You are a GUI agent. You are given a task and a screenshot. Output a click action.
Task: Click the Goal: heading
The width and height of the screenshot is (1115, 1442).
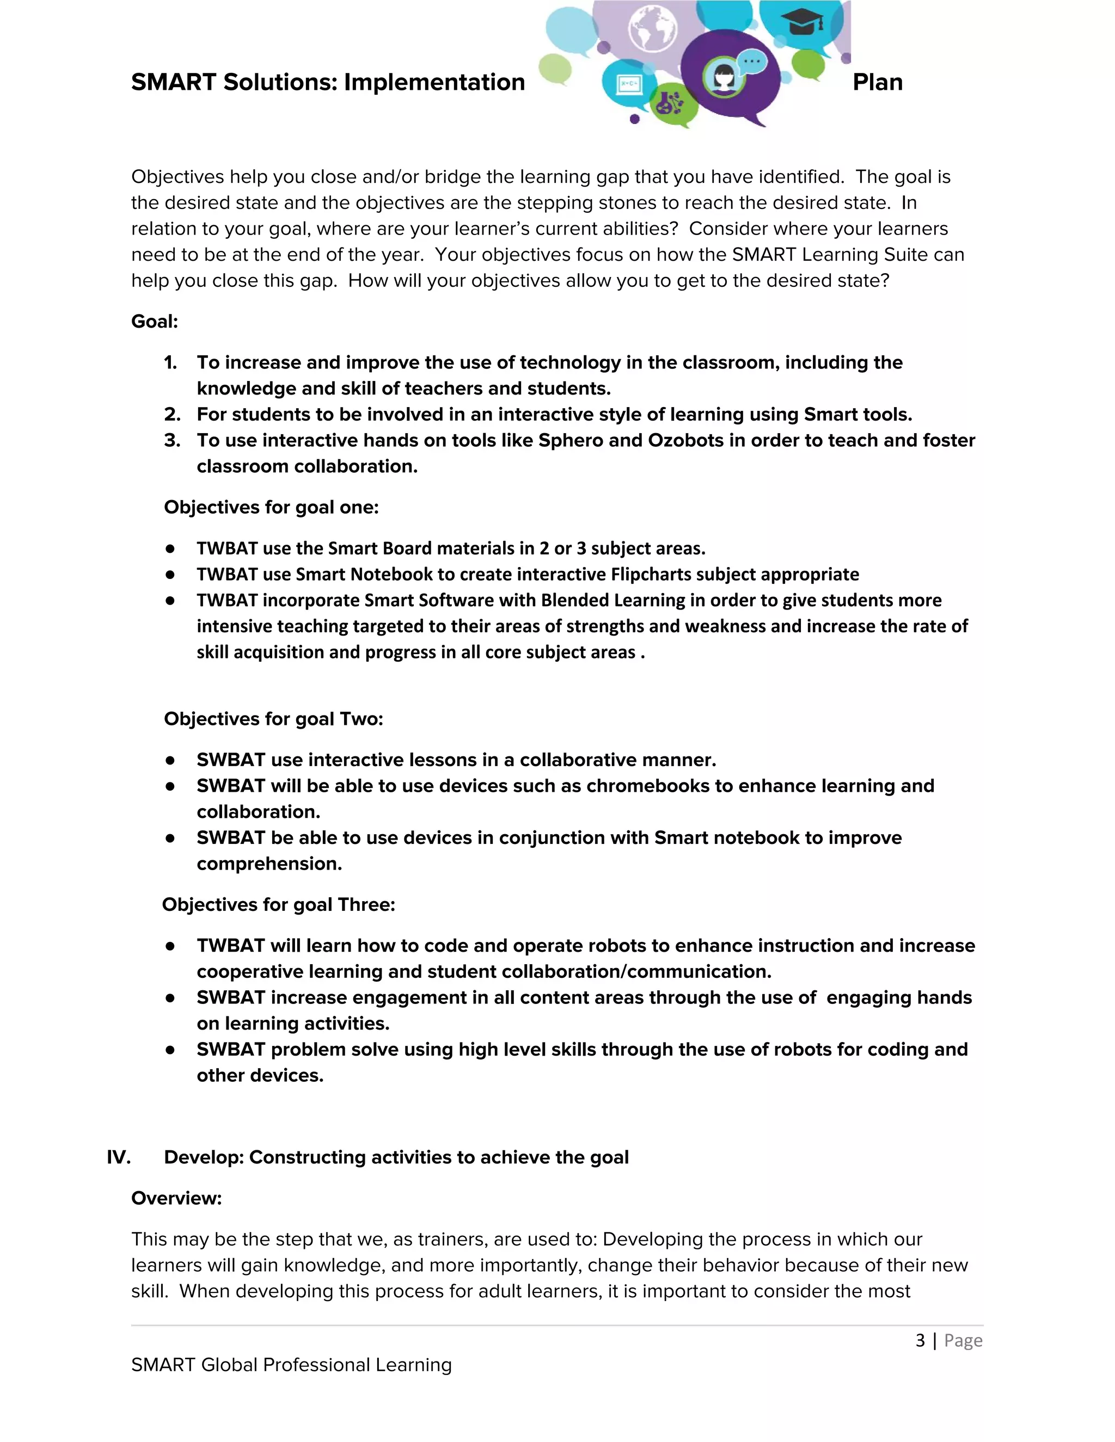[155, 322]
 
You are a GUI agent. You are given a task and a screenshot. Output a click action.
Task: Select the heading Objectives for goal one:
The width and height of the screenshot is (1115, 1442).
[271, 507]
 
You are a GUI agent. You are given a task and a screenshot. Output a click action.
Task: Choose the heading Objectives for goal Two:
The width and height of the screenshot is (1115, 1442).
[273, 718]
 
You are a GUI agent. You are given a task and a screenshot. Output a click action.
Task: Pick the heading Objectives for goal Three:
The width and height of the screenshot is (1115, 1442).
[278, 904]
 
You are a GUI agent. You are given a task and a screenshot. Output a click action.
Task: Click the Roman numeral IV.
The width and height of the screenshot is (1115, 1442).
[118, 1157]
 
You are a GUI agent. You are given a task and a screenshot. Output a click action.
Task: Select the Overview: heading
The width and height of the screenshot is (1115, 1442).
[176, 1198]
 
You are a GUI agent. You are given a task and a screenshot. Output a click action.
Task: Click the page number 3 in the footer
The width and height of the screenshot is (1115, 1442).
[920, 1340]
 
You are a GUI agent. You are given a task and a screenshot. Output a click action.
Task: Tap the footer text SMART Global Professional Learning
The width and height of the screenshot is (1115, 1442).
[291, 1365]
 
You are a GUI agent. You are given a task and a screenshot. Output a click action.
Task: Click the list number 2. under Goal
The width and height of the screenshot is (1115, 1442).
[171, 415]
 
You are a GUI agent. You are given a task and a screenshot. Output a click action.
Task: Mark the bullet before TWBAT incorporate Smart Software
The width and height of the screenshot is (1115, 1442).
[170, 601]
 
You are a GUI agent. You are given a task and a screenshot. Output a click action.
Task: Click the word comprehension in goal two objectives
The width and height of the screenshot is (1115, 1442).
[269, 864]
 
